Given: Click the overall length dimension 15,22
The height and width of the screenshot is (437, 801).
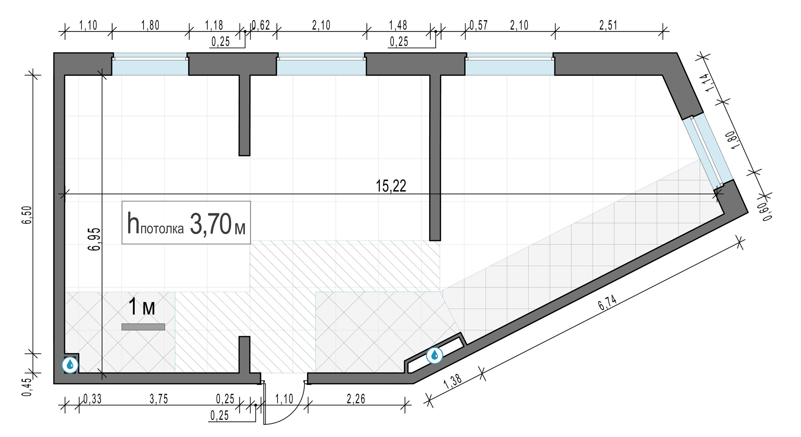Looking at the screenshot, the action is [391, 186].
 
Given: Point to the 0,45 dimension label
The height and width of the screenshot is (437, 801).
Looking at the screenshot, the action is [27, 387].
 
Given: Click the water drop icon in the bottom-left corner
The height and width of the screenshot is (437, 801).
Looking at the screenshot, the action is [70, 365].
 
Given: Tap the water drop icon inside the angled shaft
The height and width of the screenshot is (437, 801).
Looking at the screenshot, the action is [434, 355].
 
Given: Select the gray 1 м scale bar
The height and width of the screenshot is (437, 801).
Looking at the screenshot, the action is [143, 327].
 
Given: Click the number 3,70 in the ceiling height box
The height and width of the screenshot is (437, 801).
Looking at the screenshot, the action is [211, 224].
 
